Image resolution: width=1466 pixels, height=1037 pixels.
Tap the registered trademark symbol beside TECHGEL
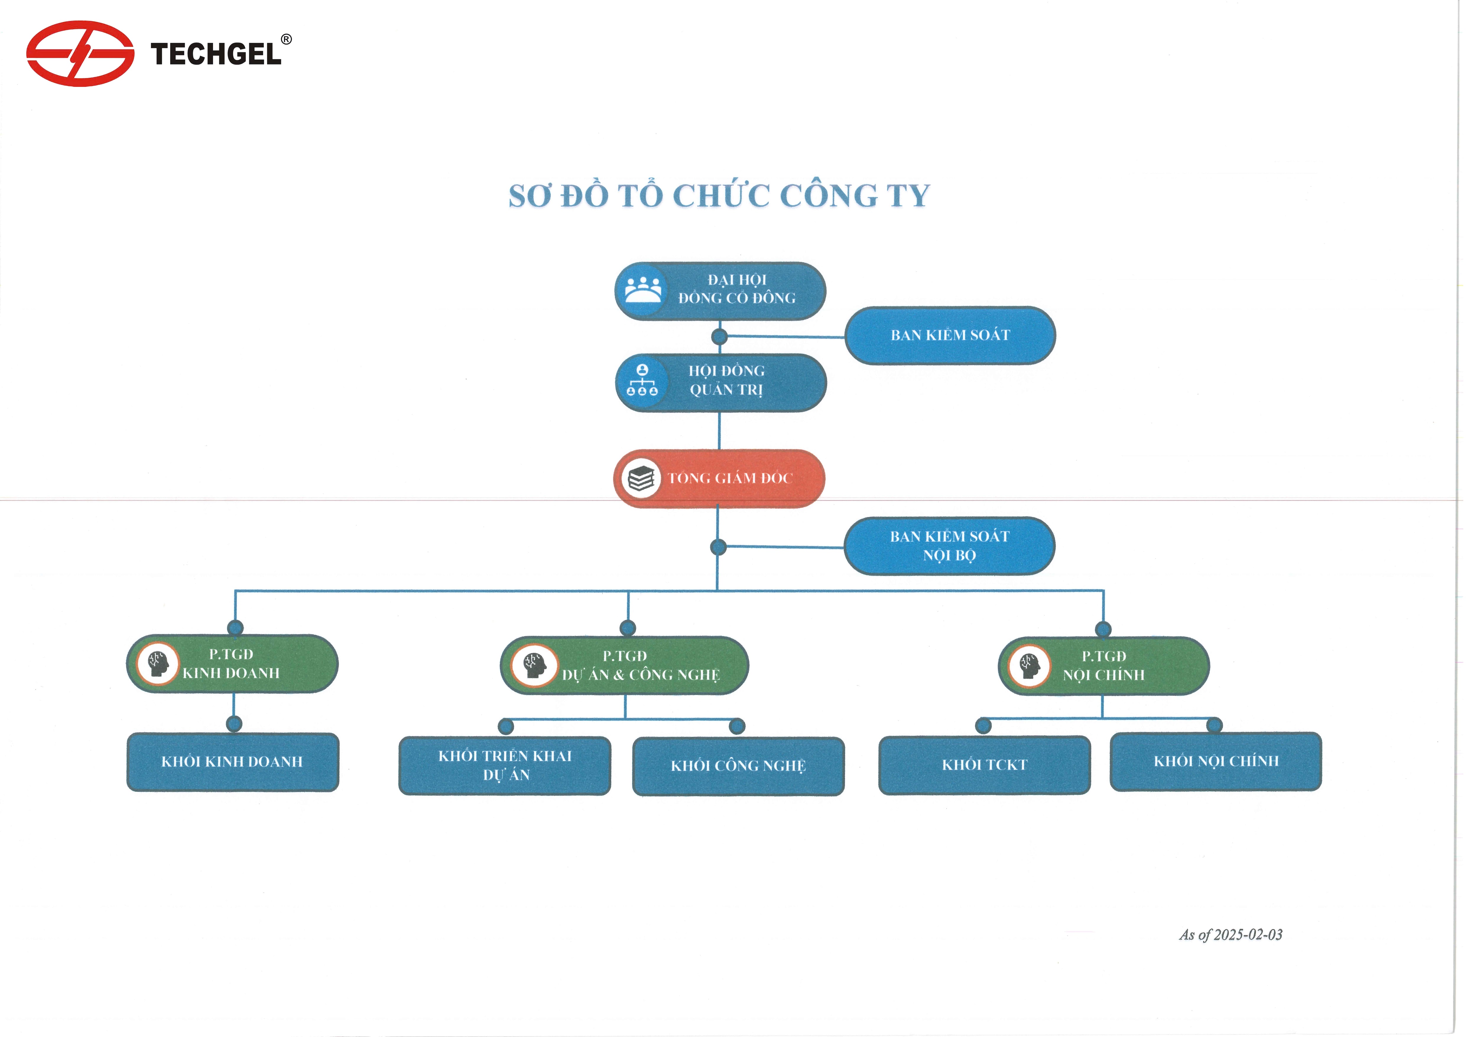click(x=287, y=40)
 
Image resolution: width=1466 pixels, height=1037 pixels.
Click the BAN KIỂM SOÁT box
click(x=950, y=335)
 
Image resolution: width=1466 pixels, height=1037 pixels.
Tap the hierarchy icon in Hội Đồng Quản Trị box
click(x=642, y=381)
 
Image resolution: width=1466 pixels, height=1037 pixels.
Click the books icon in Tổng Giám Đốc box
click(x=641, y=478)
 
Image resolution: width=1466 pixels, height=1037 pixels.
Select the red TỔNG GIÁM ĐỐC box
click(x=719, y=478)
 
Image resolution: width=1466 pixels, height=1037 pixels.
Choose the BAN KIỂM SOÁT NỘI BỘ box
click(x=949, y=546)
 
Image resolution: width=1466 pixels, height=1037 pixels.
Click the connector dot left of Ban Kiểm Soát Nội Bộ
click(x=718, y=547)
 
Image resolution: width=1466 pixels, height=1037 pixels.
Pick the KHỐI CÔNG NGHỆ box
click(x=738, y=766)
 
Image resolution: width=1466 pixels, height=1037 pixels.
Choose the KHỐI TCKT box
click(x=985, y=765)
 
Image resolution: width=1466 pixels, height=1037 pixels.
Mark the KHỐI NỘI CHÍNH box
click(x=1216, y=761)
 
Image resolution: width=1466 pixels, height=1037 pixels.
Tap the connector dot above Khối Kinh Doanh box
click(x=234, y=723)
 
